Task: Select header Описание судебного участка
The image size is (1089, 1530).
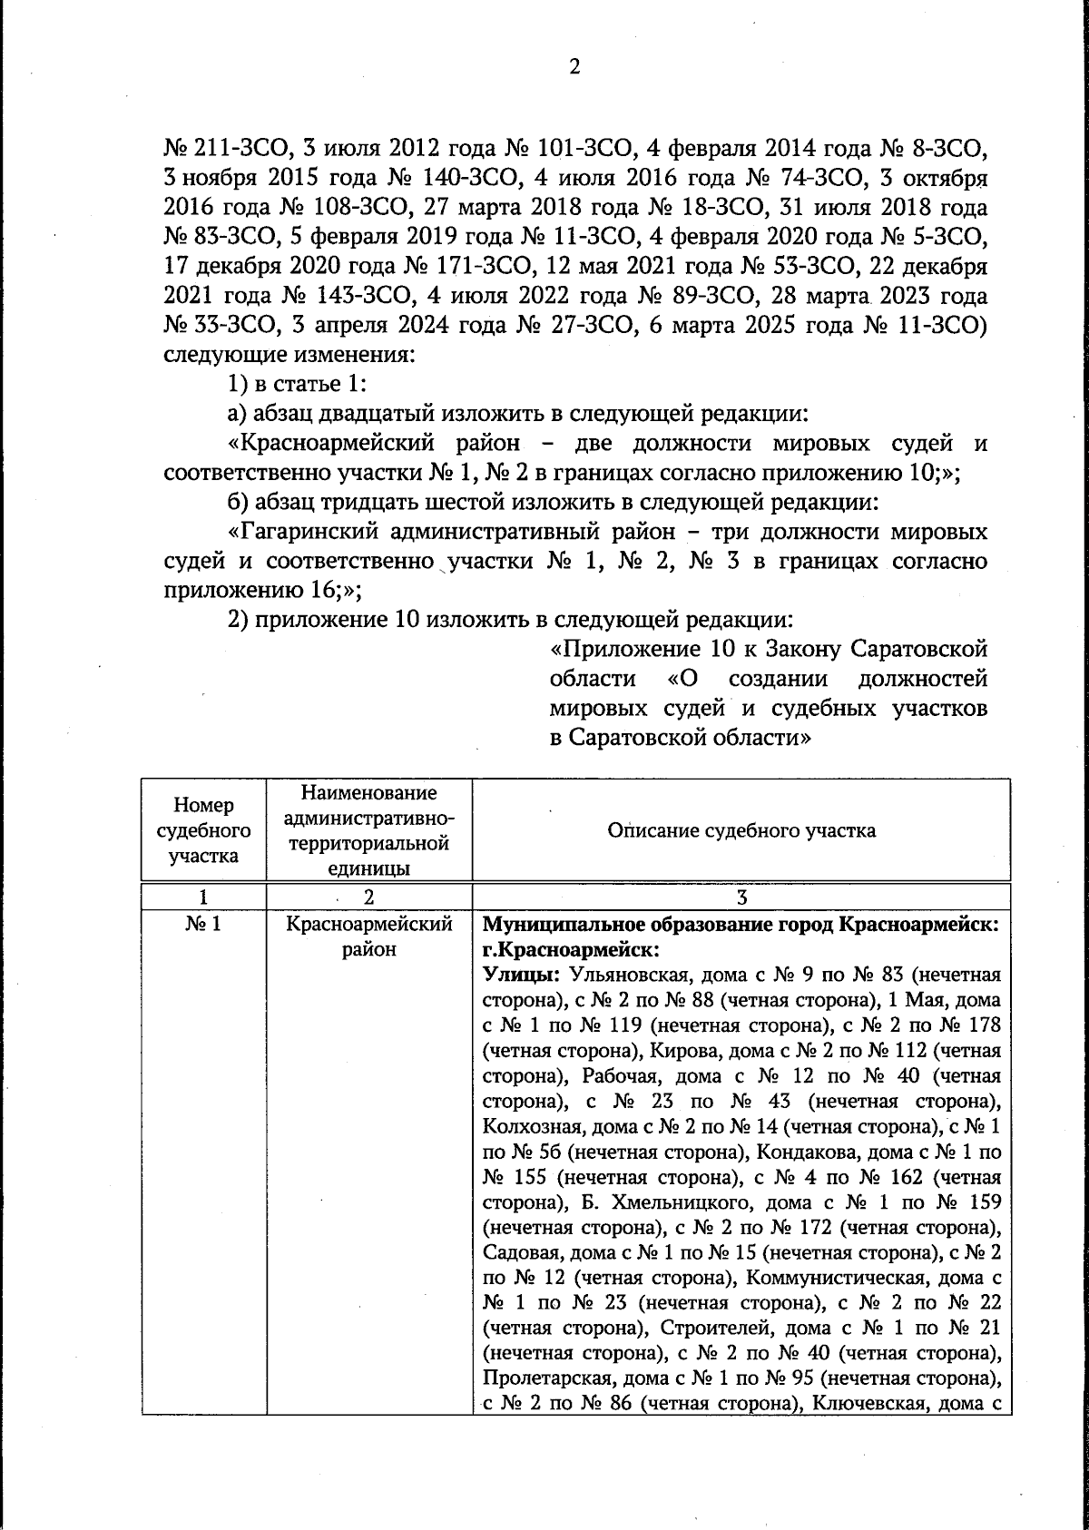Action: (741, 830)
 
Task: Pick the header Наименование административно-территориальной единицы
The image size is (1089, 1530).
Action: (368, 830)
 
